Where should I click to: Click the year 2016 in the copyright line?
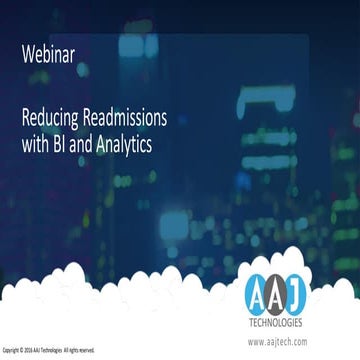pos(30,350)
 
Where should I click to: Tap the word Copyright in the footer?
pos(11,350)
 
